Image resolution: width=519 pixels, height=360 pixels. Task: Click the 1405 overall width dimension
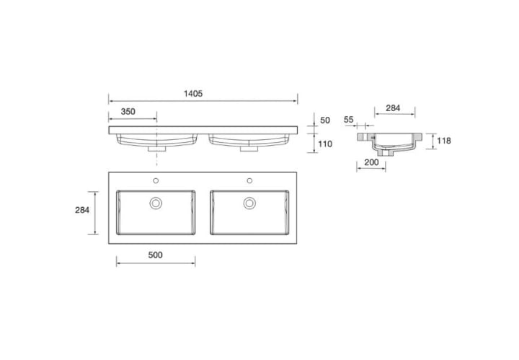(193, 94)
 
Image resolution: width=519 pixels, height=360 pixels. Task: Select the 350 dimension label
(128, 112)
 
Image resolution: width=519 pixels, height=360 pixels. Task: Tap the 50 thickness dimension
(325, 120)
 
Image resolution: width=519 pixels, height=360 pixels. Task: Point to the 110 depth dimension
(325, 144)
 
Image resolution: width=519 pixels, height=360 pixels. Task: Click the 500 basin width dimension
(155, 255)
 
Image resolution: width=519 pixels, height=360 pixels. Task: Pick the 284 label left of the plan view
(82, 210)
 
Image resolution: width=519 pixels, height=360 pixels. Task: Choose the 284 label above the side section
(393, 108)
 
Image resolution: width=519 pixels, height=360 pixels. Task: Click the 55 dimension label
(349, 120)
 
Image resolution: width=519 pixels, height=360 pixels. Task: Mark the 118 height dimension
(444, 141)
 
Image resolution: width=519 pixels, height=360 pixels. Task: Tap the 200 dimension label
(371, 162)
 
